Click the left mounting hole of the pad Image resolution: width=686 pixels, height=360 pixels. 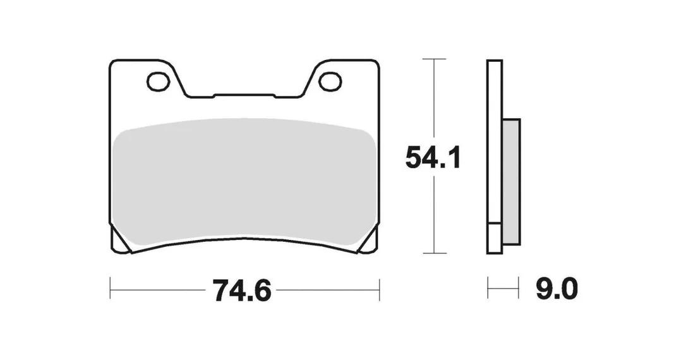[x=159, y=82]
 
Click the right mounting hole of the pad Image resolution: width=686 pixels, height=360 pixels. [x=330, y=82]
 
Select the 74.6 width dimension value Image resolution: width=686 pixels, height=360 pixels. [x=242, y=290]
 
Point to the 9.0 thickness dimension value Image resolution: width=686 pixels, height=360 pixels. [x=557, y=289]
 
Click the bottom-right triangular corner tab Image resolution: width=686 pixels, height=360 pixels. [x=368, y=242]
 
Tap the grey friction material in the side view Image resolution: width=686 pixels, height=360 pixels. [x=511, y=182]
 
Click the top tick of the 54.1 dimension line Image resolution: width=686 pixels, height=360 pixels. [x=434, y=59]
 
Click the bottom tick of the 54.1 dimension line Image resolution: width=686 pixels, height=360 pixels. [x=434, y=253]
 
